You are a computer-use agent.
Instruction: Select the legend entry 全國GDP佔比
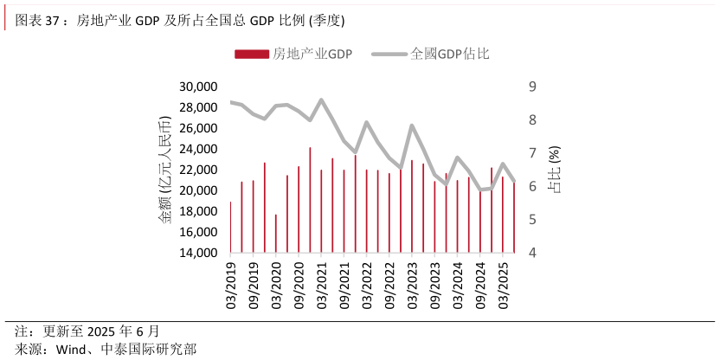449,54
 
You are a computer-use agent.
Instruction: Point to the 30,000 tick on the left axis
196,87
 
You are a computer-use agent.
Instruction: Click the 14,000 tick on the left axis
196,253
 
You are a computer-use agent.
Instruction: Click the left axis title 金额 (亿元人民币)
164,170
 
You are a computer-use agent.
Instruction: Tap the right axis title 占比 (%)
556,170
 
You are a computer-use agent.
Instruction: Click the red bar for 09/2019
254,216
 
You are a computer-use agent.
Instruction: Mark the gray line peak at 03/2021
322,100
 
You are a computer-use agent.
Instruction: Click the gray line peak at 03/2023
412,126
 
